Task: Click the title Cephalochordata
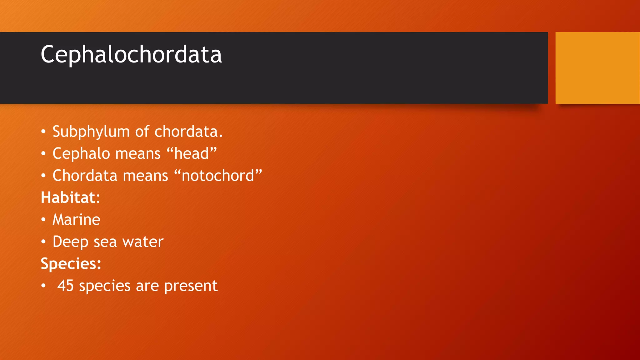[131, 54]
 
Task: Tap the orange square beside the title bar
[597, 68]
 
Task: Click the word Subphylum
[91, 132]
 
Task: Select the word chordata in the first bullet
[188, 132]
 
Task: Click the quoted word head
[192, 154]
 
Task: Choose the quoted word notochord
[218, 176]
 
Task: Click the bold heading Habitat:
[70, 197]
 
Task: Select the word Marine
[77, 220]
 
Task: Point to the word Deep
[70, 242]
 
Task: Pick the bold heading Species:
[71, 264]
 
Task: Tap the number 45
[65, 286]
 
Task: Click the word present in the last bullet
[191, 286]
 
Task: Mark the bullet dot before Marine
[43, 220]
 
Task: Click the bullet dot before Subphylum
[43, 132]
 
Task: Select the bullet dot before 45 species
[43, 286]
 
